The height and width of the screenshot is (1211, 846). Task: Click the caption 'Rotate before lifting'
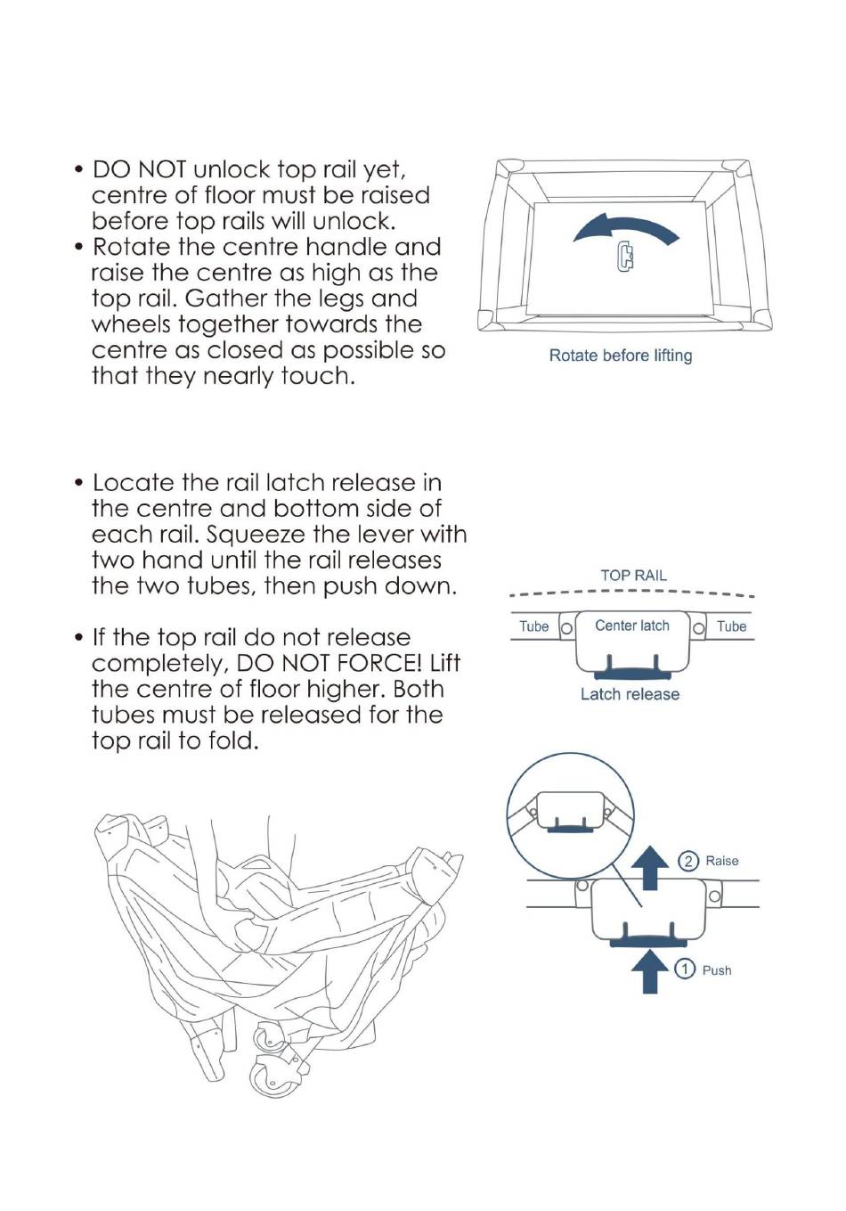click(620, 356)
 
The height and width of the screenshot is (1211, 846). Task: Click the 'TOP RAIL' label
click(633, 576)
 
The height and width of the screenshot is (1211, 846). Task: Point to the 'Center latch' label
click(632, 626)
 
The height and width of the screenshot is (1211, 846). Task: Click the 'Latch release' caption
click(630, 694)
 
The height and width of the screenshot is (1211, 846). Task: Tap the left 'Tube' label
click(533, 626)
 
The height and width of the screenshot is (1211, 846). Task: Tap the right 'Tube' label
click(731, 626)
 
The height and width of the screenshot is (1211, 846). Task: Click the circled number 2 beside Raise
click(688, 861)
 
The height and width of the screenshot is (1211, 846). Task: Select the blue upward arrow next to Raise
click(650, 868)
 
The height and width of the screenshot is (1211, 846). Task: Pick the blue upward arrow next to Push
click(650, 971)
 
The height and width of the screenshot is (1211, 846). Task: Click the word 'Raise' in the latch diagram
click(721, 861)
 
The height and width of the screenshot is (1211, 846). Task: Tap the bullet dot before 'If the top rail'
click(79, 637)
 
